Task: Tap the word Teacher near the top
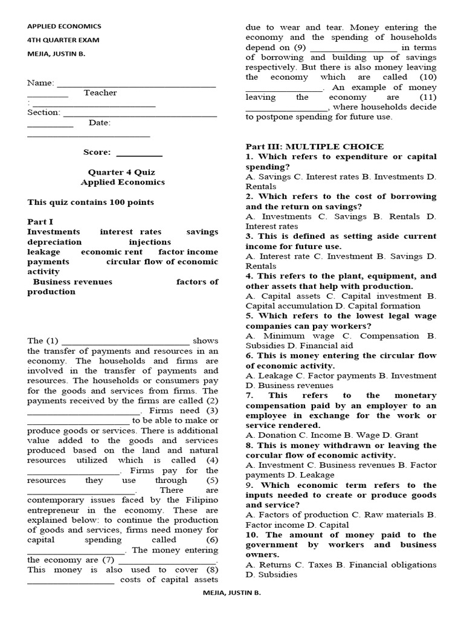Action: (x=100, y=92)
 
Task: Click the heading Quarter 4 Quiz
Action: (x=123, y=172)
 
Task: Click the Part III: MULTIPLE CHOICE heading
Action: (x=314, y=146)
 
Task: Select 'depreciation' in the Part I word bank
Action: (x=54, y=242)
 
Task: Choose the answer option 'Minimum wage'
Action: (x=288, y=335)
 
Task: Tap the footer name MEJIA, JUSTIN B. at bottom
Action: (x=232, y=594)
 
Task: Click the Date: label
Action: (x=100, y=123)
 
